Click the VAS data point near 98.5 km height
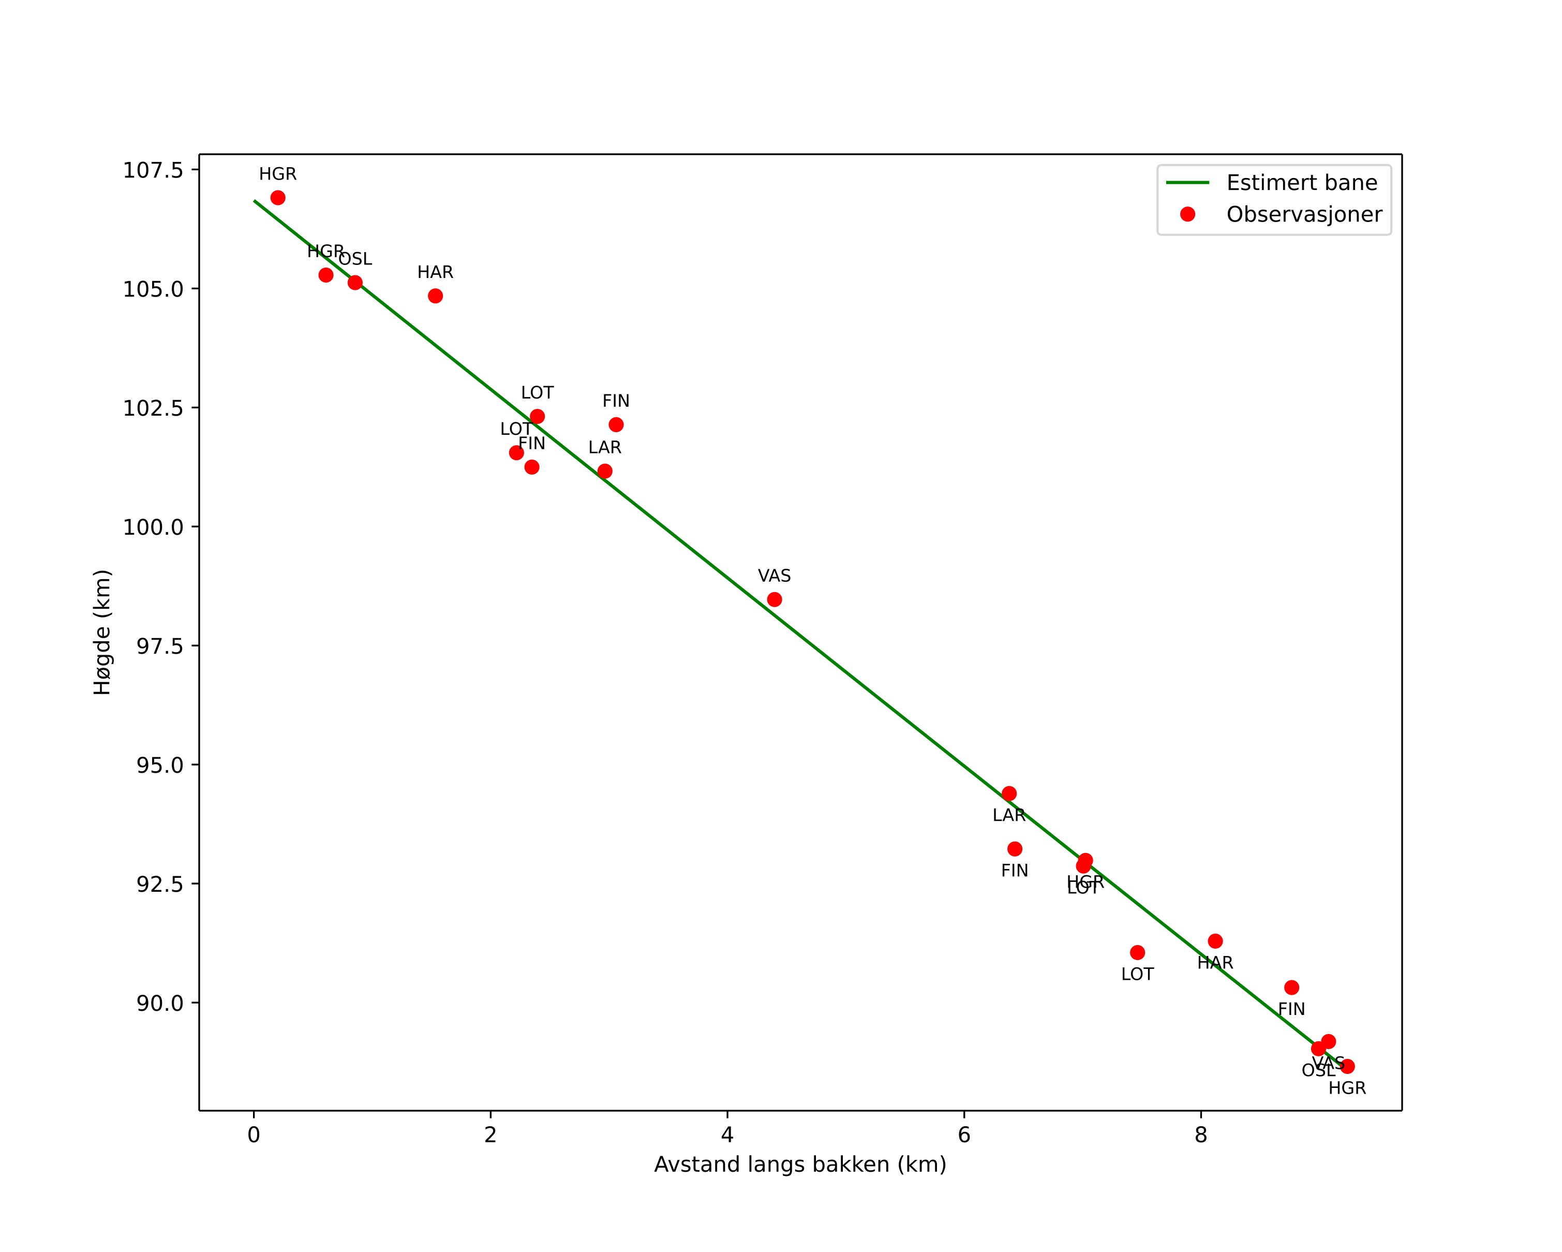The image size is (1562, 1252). [x=775, y=599]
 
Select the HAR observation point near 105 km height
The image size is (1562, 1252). [x=436, y=296]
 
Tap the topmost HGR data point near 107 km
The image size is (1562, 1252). [x=277, y=198]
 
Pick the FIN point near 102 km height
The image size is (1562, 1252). [x=616, y=424]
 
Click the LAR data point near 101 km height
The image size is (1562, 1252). [x=605, y=472]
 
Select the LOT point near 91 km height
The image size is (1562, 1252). [x=1137, y=952]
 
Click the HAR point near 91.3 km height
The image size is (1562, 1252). [x=1215, y=941]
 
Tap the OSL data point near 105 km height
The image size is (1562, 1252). [x=355, y=283]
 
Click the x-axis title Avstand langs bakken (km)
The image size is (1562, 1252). [x=800, y=1165]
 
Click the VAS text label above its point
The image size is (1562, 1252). [x=775, y=576]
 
